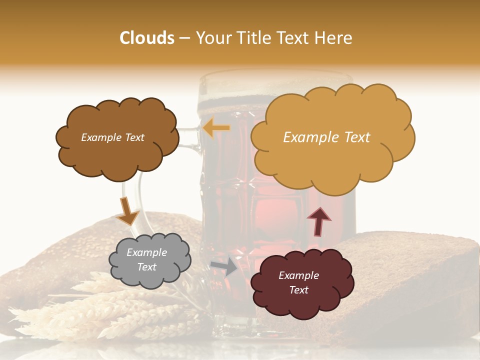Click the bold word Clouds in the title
point(147,38)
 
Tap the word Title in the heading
point(254,38)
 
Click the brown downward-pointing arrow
point(127,210)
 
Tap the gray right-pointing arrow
point(224,267)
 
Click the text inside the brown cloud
point(112,137)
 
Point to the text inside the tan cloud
point(326,137)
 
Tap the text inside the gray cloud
point(146,259)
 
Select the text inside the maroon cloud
point(298,282)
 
